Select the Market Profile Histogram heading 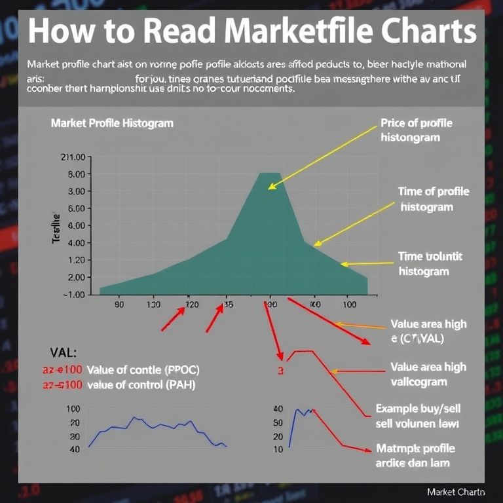pyautogui.click(x=112, y=123)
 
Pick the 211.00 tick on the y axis pyautogui.click(x=73, y=157)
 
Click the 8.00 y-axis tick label pyautogui.click(x=76, y=174)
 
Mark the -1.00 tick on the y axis pyautogui.click(x=73, y=294)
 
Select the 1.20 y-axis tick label pyautogui.click(x=76, y=260)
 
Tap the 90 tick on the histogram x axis pyautogui.click(x=119, y=305)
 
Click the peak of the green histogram pyautogui.click(x=269, y=174)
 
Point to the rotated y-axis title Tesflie pyautogui.click(x=56, y=229)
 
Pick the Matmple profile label pyautogui.click(x=416, y=449)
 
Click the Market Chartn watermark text pyautogui.click(x=456, y=491)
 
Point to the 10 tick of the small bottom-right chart pyautogui.click(x=278, y=449)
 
